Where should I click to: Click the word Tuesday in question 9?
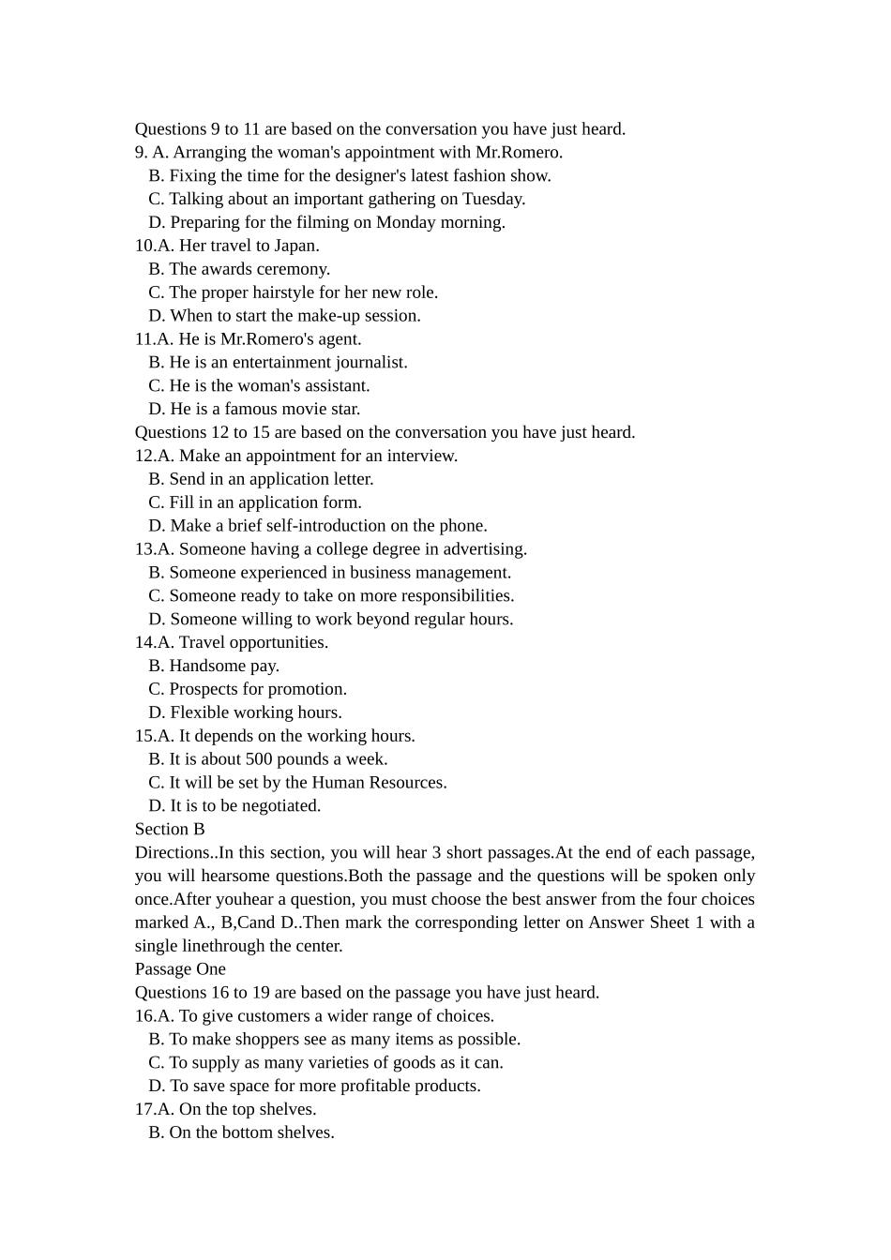tap(493, 199)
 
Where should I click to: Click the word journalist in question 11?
tap(371, 362)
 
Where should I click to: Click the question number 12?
tap(144, 456)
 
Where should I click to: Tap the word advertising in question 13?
tap(486, 549)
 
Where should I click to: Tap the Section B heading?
tap(170, 829)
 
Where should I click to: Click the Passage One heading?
tap(180, 969)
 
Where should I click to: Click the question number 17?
tap(144, 1109)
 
